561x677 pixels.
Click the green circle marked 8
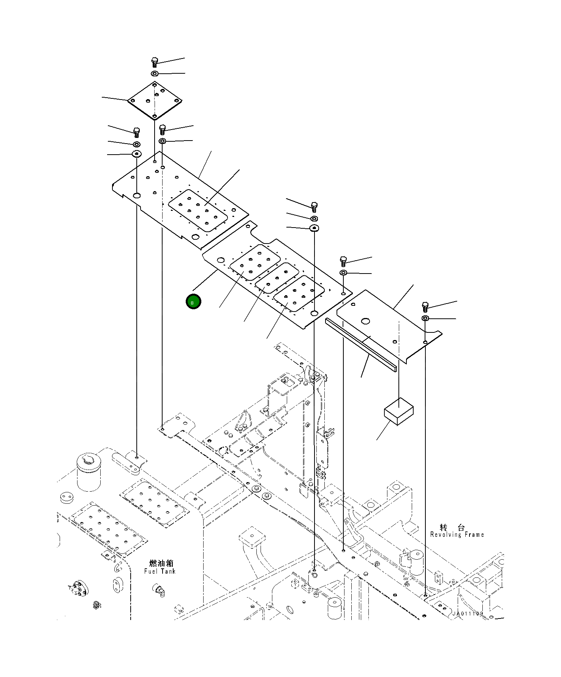pos(193,302)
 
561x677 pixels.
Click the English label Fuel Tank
pos(160,571)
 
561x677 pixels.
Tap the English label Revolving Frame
pos(457,535)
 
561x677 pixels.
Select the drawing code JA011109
pos(467,614)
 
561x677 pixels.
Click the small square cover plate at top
pos(155,100)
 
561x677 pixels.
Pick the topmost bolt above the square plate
pos(154,62)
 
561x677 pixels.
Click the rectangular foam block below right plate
pos(398,411)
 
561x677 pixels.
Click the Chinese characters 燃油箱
pos(161,563)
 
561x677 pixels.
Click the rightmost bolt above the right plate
pos(425,306)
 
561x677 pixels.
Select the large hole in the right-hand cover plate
pos(365,321)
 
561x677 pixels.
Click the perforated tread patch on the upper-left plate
pos(198,211)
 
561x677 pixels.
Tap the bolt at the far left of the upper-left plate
pos(137,132)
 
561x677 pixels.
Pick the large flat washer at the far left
pos(136,154)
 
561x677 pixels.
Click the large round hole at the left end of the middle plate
pos(220,260)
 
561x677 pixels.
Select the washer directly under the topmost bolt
pos(155,73)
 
